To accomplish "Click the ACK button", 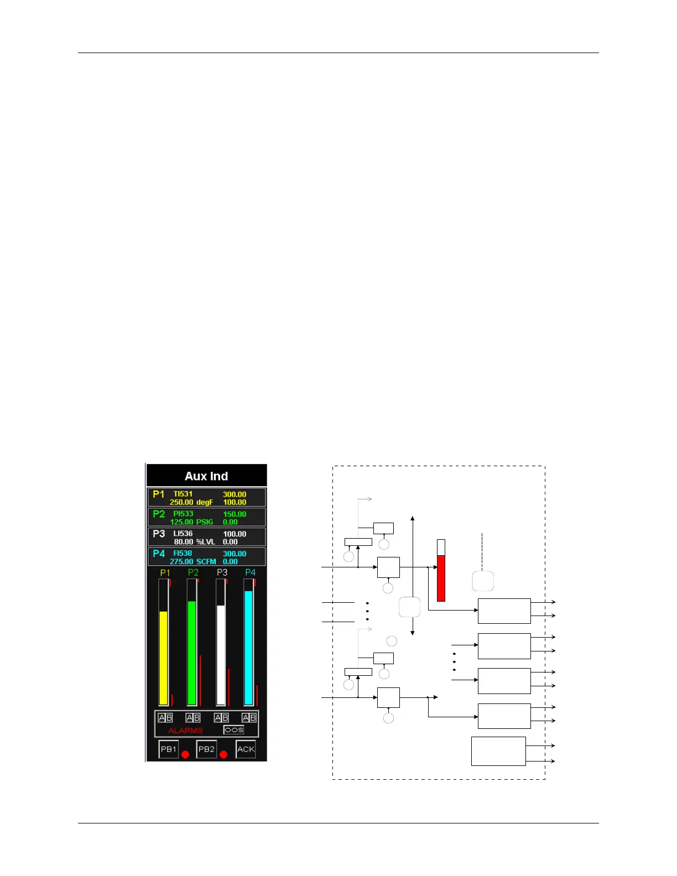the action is pos(246,749).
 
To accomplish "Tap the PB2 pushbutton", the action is pos(206,749).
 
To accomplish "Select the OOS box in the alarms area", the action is pos(233,730).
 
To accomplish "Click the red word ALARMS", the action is pos(185,731).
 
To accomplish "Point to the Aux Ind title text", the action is pos(206,476).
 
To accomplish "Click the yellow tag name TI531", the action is pos(183,494).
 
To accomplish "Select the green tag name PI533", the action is pos(183,514).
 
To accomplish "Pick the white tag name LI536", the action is pos(183,534).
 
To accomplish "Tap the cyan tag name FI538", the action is pos(183,553).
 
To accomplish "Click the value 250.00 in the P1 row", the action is pos(181,502).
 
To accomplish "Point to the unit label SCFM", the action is pos(206,561).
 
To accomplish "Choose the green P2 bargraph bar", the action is pos(192,653).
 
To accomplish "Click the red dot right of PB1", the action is pos(185,754).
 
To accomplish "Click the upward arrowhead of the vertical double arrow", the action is pos(413,519).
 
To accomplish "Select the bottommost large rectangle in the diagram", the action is pos(498,751).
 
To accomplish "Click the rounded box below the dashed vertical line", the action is pos(483,581).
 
